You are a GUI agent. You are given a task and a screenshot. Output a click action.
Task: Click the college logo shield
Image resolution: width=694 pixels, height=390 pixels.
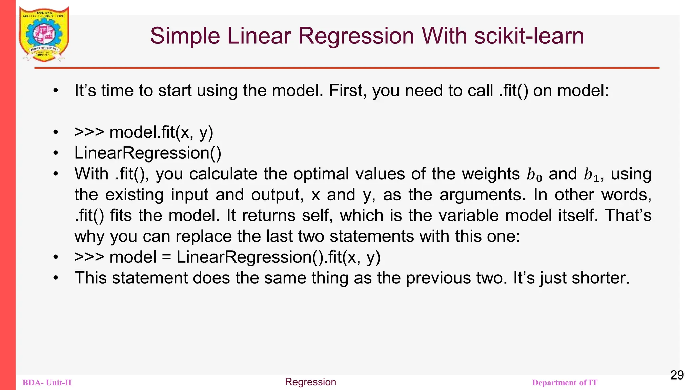coord(44,34)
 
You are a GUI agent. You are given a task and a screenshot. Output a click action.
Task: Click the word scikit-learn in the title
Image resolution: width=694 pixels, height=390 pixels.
coord(529,36)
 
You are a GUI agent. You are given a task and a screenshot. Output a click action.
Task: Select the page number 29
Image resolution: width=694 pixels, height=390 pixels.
coord(677,375)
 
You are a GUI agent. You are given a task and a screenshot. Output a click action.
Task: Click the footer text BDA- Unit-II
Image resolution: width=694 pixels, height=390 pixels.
coord(47,383)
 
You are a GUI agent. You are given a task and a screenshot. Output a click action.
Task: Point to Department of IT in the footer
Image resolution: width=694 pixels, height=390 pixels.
coord(565,383)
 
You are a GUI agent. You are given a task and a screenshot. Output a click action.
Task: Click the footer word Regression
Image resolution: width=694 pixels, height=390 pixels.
coord(310,382)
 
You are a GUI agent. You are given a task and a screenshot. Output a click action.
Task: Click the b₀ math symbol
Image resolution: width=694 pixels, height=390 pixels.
coord(534,175)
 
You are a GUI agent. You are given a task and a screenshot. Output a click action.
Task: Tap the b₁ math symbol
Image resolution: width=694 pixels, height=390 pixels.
coord(591,175)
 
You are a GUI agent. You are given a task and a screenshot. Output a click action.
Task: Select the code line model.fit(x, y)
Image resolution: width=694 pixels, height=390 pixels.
coord(161,132)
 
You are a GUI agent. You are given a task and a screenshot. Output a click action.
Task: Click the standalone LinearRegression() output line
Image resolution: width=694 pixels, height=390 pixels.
coord(148,153)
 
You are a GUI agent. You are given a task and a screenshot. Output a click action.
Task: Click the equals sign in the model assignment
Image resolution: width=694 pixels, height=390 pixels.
coord(166,257)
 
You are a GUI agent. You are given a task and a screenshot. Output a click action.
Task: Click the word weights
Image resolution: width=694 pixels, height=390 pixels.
coord(491,174)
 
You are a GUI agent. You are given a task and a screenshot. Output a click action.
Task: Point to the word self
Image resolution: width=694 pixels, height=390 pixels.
coord(317,216)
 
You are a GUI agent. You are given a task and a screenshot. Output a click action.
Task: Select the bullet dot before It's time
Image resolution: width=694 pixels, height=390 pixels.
coord(56,91)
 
